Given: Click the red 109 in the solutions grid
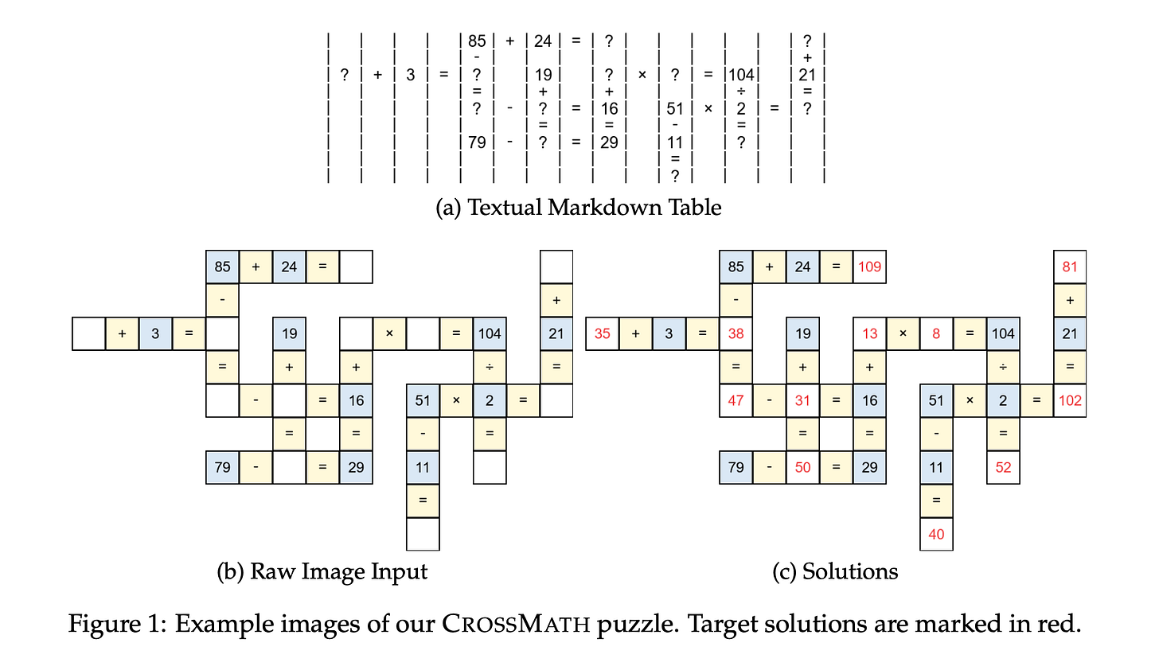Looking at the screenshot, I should click(869, 267).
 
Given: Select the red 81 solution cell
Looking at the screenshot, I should click(1070, 267).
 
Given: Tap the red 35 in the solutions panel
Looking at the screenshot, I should click(603, 333).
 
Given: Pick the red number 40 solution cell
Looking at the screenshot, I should click(936, 534).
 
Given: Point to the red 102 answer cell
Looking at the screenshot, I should click(1070, 400).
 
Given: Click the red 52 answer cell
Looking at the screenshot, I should click(1003, 467).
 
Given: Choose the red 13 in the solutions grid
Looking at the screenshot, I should click(869, 333).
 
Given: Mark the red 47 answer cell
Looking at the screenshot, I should click(736, 400).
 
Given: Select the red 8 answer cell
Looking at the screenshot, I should click(936, 333).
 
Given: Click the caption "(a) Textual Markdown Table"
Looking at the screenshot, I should click(579, 208).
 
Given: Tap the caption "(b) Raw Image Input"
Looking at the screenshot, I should click(322, 571).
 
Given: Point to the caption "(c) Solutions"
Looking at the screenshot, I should click(835, 571).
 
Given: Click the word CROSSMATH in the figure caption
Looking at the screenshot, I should click(516, 623).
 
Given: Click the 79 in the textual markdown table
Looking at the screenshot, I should click(477, 142).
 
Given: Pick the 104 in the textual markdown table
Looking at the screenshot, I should click(741, 75).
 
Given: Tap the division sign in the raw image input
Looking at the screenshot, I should click(490, 367).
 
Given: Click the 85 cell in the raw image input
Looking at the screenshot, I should click(222, 267).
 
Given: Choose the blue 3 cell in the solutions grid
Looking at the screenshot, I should click(669, 333).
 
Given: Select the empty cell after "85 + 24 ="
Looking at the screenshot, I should click(356, 267).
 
